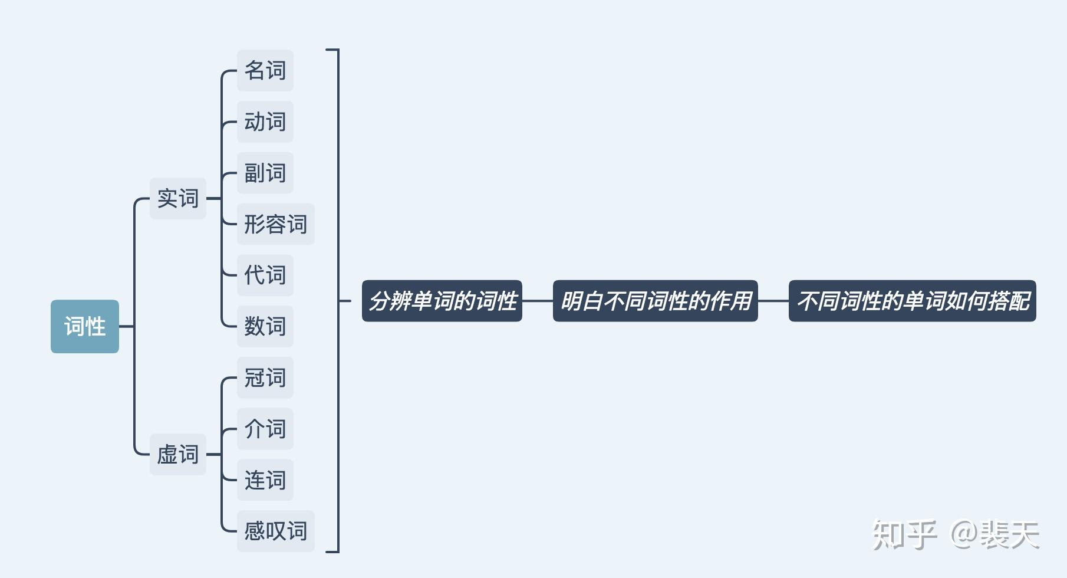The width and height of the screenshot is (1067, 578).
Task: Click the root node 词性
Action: coord(85,326)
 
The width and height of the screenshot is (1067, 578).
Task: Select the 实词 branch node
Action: coord(178,198)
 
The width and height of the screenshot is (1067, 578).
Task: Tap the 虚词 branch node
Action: coord(178,454)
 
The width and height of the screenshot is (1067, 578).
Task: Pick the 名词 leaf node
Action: coord(265,71)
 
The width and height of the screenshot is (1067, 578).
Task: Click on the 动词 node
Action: coord(265,121)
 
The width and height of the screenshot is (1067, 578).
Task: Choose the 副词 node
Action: coord(265,173)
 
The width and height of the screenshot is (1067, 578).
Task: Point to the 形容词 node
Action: coord(276,224)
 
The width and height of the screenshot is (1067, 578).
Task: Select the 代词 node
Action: coord(265,275)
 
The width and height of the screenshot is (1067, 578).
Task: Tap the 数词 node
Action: coord(265,326)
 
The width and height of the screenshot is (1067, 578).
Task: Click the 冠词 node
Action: coord(265,377)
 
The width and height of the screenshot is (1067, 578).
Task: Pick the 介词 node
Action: coord(265,429)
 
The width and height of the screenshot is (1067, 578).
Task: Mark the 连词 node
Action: coord(265,480)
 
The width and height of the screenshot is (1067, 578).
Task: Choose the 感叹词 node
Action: coord(276,531)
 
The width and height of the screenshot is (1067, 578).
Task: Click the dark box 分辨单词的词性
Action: coord(442,301)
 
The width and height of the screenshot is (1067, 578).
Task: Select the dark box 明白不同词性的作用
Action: coord(656,301)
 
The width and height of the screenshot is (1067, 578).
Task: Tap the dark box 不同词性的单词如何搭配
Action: coord(913,301)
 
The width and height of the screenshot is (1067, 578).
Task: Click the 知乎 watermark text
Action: coord(904,534)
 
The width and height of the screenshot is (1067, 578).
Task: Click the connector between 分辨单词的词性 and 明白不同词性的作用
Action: coord(538,301)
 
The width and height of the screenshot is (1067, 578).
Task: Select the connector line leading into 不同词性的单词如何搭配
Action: coord(773,301)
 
